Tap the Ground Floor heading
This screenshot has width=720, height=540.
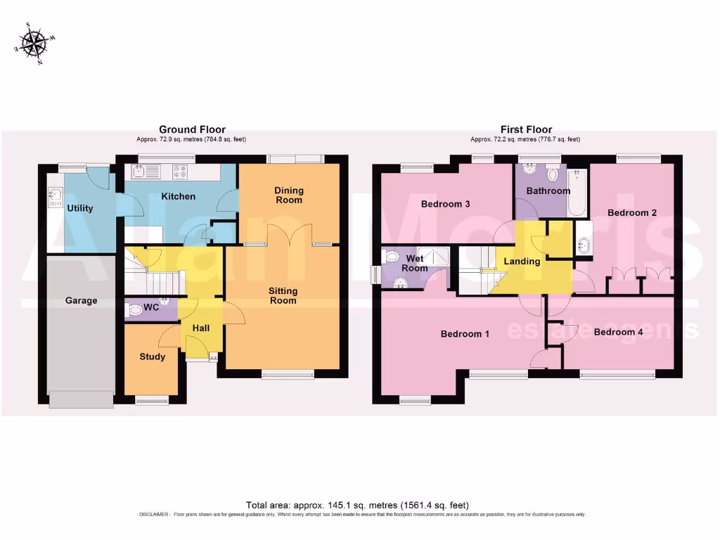pyautogui.click(x=192, y=129)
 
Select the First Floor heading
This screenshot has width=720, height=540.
pyautogui.click(x=526, y=129)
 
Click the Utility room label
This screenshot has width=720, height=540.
pyautogui.click(x=79, y=208)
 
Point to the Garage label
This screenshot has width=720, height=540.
pyautogui.click(x=81, y=300)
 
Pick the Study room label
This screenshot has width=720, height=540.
pyautogui.click(x=152, y=356)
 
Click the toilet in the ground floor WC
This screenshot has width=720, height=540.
pyautogui.click(x=136, y=309)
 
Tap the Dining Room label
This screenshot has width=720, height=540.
pyautogui.click(x=289, y=195)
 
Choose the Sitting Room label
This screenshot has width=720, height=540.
pyautogui.click(x=283, y=295)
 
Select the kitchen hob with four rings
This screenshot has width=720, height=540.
pyautogui.click(x=180, y=170)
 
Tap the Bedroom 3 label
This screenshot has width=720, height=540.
pyautogui.click(x=445, y=205)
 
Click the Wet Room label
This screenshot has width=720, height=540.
pyautogui.click(x=415, y=264)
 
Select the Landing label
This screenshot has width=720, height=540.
pyautogui.click(x=522, y=262)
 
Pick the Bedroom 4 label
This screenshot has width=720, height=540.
pyautogui.click(x=618, y=333)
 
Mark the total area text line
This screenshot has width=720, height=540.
pyautogui.click(x=356, y=505)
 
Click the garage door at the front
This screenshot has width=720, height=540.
pyautogui.click(x=81, y=399)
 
